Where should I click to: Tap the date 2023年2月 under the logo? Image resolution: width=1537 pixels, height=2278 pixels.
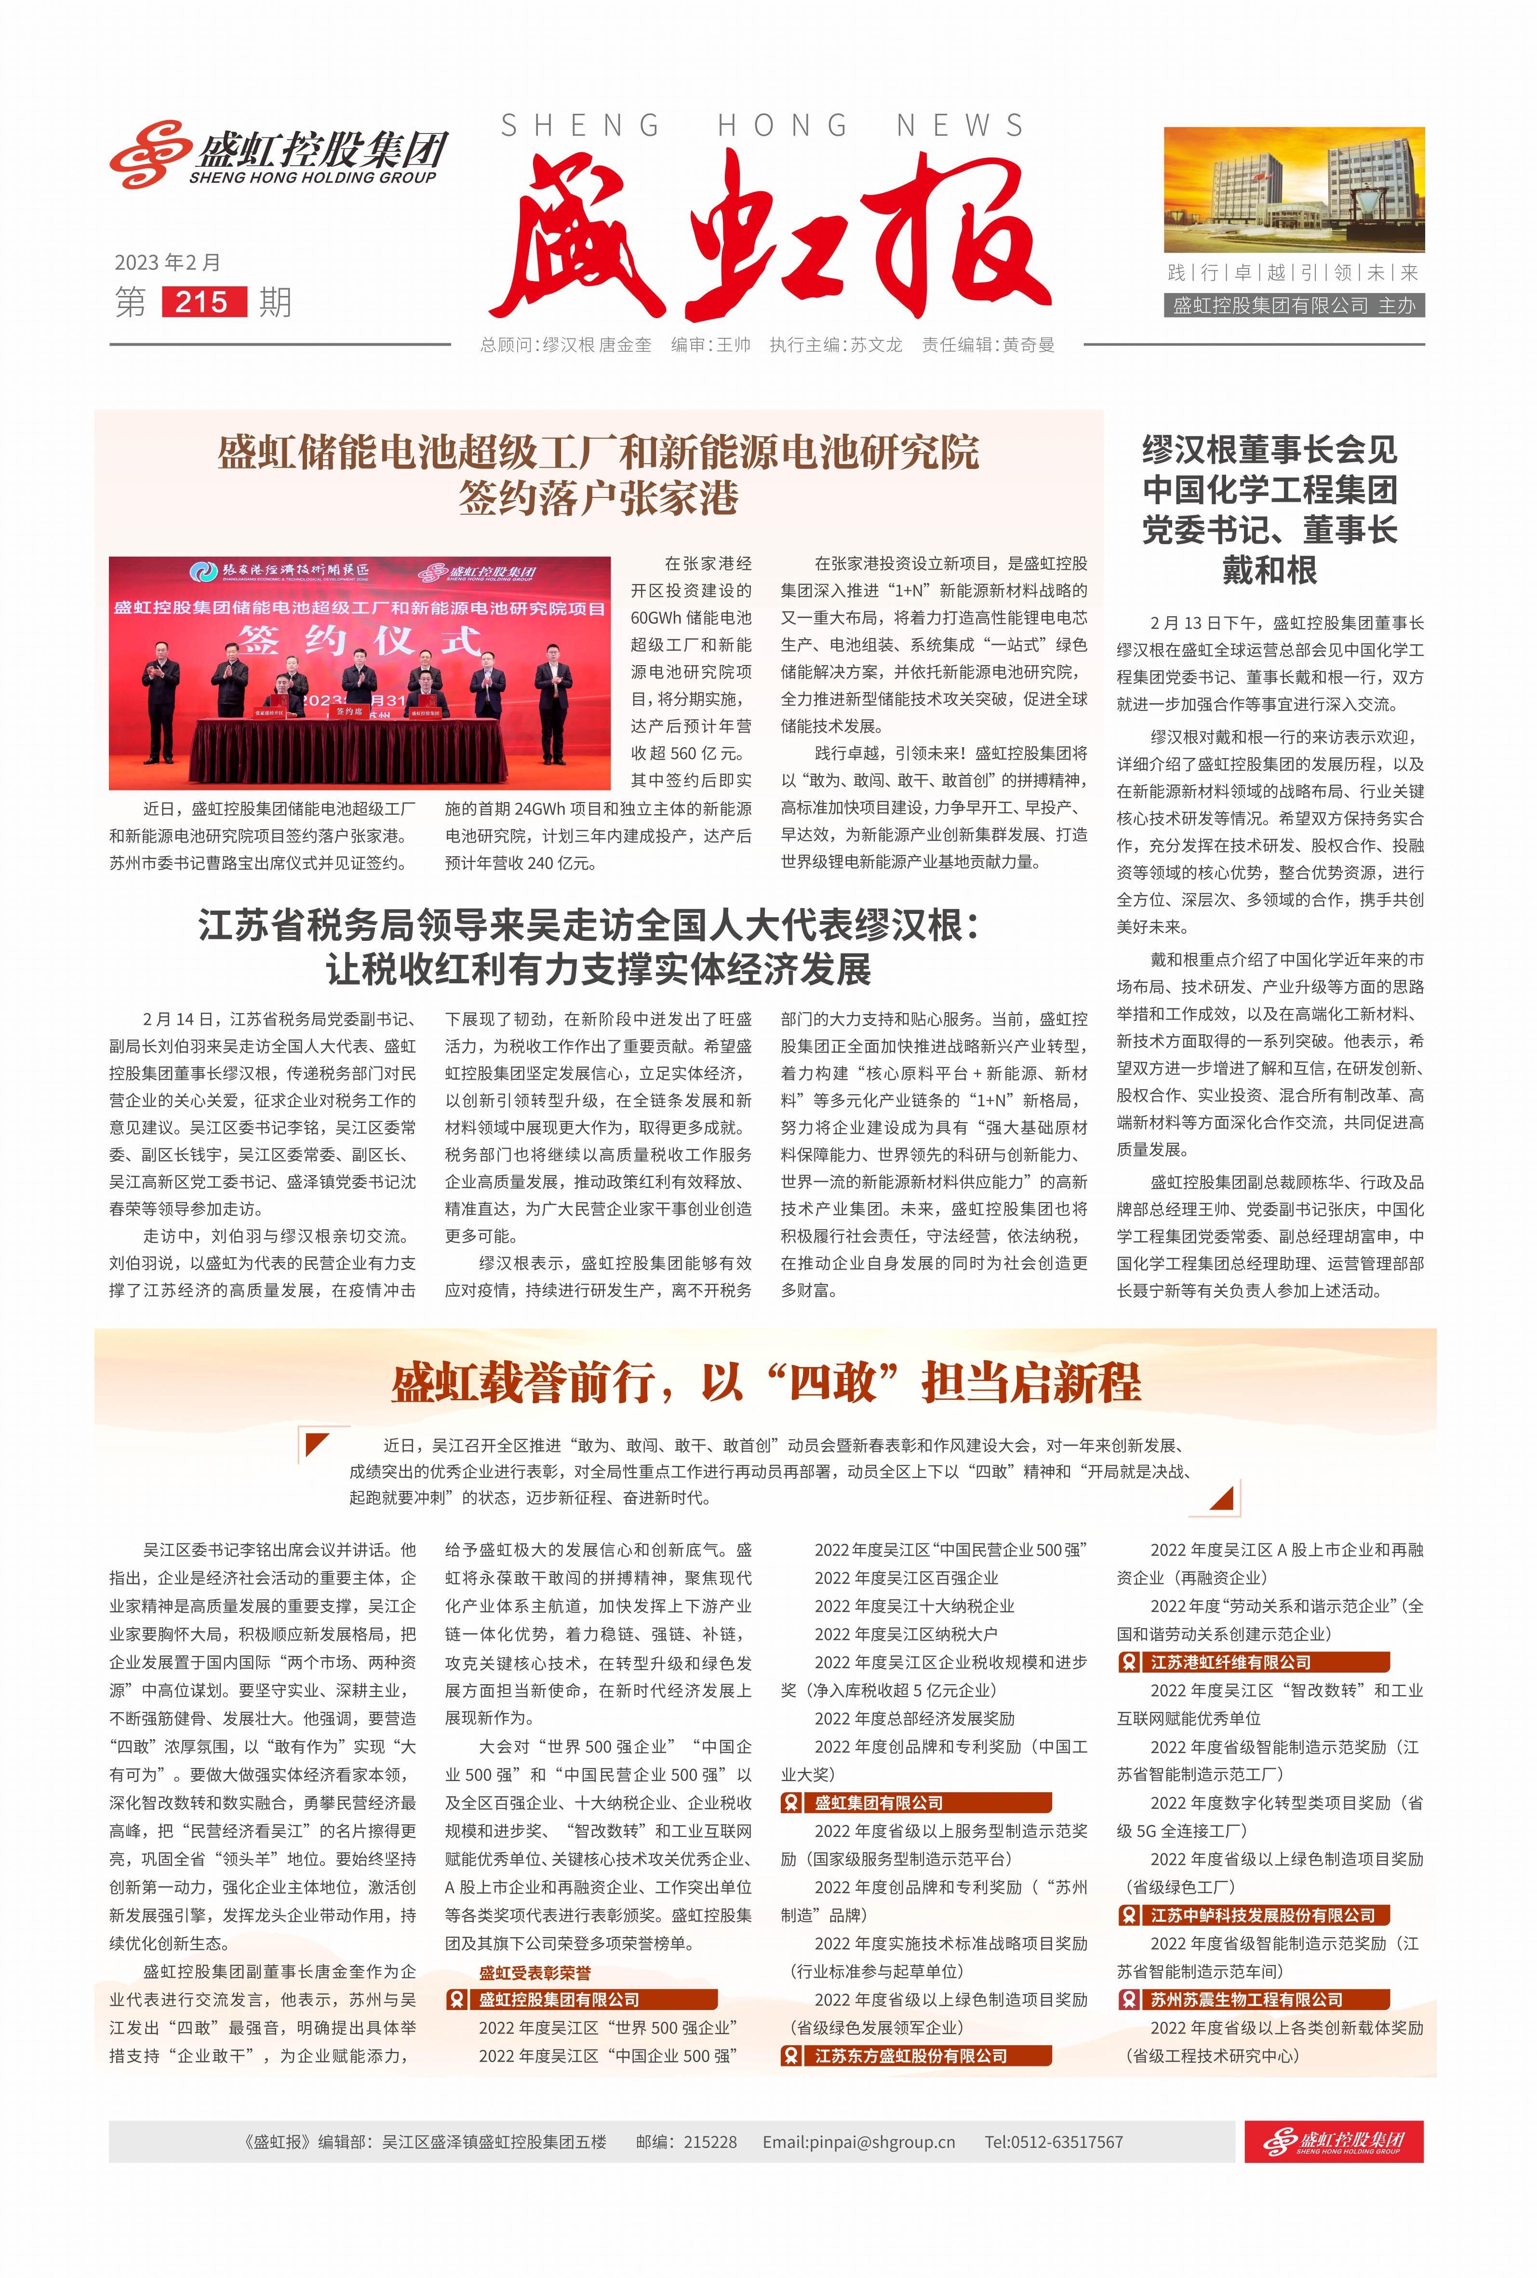coord(168,263)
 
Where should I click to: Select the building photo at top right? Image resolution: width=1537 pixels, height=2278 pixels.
coord(1294,189)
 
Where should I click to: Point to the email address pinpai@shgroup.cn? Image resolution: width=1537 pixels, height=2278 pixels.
coord(859,2142)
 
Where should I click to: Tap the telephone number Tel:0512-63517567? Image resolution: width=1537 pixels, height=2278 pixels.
coord(1054,2142)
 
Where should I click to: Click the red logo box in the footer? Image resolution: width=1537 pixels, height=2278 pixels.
coord(1333,2142)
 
